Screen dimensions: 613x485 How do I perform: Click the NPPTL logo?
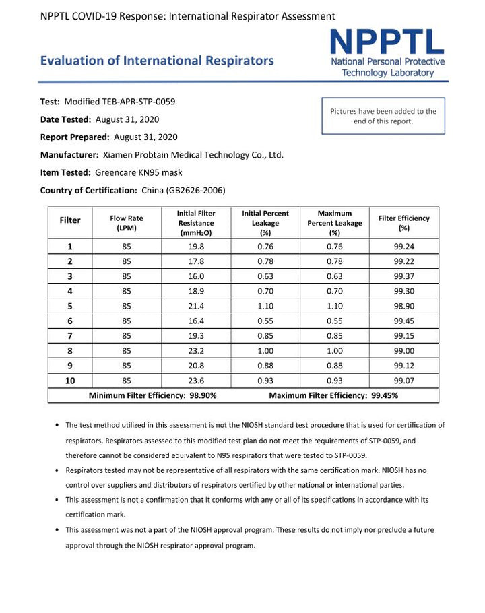(x=387, y=54)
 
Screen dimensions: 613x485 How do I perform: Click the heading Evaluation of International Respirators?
(x=157, y=61)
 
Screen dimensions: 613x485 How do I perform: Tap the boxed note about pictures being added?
(x=383, y=116)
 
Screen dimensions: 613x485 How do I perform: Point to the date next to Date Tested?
(x=127, y=119)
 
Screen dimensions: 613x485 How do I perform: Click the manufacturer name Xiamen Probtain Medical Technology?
(x=193, y=155)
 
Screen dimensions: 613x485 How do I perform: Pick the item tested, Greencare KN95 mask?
(x=139, y=172)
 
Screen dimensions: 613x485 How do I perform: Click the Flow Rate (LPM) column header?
(x=127, y=223)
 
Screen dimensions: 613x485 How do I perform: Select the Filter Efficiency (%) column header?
(x=403, y=223)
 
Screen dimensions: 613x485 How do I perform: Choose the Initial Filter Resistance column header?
(x=196, y=223)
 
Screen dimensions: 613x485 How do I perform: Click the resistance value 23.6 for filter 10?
(x=196, y=381)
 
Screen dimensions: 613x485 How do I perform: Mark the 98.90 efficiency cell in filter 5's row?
(x=403, y=306)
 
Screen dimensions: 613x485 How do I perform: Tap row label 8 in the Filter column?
(x=70, y=351)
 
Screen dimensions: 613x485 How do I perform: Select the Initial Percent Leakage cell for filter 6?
(x=265, y=321)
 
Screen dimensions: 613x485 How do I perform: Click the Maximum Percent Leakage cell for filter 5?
(x=334, y=306)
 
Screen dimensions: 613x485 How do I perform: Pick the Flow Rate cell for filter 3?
(x=127, y=276)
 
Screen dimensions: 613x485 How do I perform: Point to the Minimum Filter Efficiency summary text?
(x=153, y=396)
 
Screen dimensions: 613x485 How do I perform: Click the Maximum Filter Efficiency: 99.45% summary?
(x=333, y=396)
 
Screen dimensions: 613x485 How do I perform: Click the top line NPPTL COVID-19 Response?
(x=188, y=15)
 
